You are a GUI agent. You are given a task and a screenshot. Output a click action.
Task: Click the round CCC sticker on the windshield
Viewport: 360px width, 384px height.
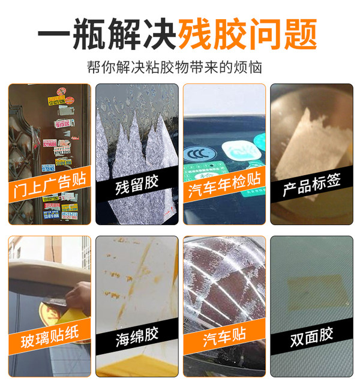(197, 154)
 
